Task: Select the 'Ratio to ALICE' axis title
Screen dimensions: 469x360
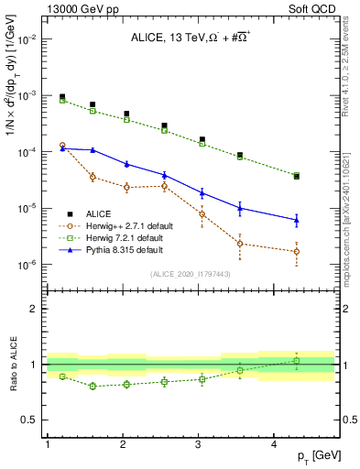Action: pyautogui.click(x=11, y=365)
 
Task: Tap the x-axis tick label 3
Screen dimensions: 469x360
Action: pyautogui.click(x=200, y=444)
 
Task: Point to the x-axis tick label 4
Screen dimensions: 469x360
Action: pyautogui.click(x=276, y=444)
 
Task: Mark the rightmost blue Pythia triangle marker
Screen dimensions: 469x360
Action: pyautogui.click(x=296, y=220)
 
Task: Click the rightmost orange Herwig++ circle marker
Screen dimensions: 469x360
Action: pyautogui.click(x=296, y=252)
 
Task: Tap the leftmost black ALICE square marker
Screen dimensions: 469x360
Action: pyautogui.click(x=62, y=96)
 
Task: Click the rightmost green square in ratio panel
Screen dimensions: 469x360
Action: pyautogui.click(x=296, y=361)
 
